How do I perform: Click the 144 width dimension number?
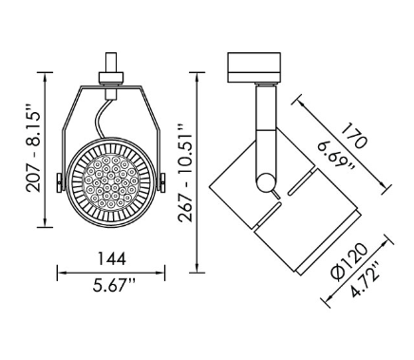111,258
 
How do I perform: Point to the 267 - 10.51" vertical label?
185,173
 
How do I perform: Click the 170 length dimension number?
355,136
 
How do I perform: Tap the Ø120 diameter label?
349,262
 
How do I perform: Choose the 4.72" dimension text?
366,279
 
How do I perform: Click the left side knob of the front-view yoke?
60,182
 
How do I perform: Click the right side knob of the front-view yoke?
162,182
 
